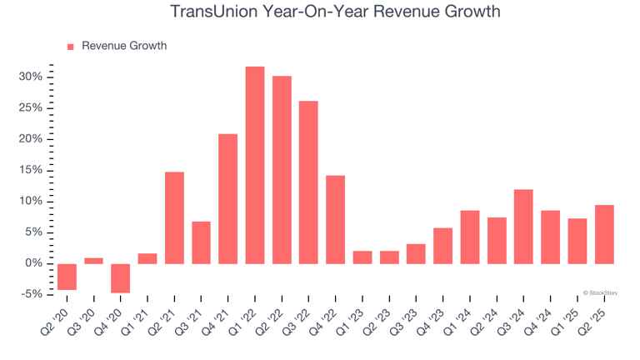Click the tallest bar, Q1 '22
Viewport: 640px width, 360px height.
point(255,165)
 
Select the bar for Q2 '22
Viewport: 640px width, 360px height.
point(282,170)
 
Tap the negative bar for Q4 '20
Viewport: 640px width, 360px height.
point(121,278)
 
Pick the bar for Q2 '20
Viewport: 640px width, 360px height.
point(67,277)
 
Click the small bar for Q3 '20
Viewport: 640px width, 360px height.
point(94,261)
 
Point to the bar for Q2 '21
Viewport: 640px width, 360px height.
point(174,217)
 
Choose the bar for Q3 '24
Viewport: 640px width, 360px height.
point(523,227)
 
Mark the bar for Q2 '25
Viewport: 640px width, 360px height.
point(604,234)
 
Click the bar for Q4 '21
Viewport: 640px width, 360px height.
point(228,198)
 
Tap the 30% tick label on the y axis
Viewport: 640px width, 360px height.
point(31,77)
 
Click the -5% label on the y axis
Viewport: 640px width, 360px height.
point(31,294)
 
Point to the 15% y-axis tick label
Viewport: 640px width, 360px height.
point(31,170)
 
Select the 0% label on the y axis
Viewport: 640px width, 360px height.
point(33,263)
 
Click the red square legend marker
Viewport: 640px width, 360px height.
point(70,47)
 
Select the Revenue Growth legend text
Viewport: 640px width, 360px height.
point(123,46)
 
